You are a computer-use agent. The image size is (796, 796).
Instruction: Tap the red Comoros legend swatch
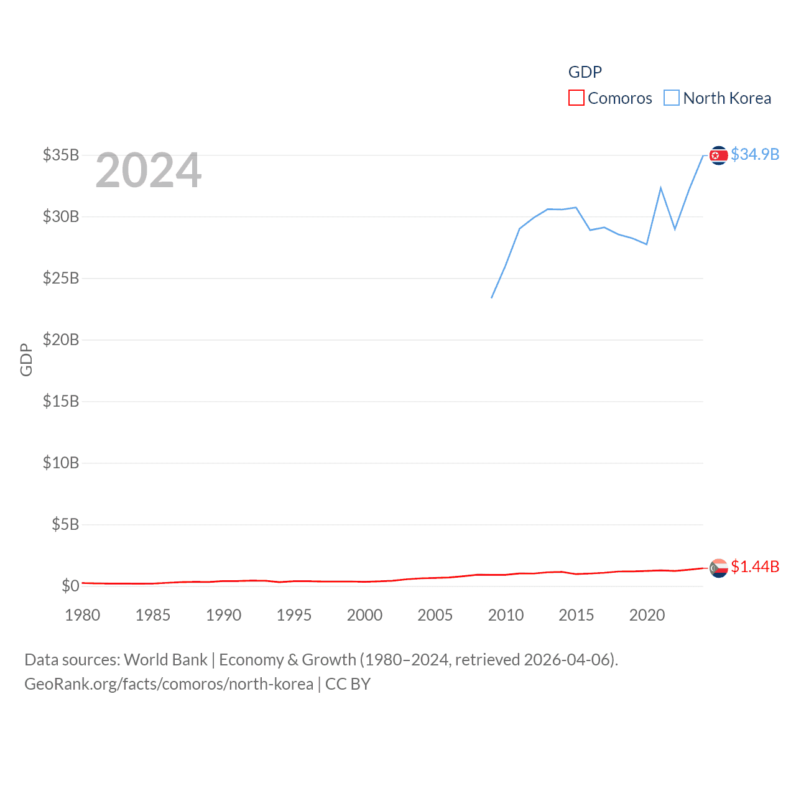576,98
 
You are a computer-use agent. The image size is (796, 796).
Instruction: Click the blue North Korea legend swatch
672,98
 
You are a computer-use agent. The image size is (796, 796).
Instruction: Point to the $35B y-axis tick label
61,155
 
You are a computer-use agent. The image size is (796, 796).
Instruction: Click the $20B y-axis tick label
61,340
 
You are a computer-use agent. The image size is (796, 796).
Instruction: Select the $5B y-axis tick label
65,524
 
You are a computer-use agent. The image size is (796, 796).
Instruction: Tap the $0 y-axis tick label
70,586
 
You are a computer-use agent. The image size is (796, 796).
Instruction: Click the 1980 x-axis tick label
83,615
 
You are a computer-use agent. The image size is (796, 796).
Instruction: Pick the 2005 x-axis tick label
435,615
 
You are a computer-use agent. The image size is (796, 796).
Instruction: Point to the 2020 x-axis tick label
647,615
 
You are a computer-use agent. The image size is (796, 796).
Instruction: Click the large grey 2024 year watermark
148,170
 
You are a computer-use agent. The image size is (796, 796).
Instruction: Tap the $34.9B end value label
755,154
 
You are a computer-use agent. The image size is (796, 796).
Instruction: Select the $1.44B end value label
755,567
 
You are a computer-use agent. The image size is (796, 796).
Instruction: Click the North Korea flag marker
718,155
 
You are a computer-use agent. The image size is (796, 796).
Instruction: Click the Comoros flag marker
718,568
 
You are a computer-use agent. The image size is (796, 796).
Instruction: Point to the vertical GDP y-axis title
26,359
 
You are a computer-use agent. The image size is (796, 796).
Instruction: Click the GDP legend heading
585,72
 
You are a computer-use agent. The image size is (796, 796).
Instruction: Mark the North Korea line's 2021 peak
660,188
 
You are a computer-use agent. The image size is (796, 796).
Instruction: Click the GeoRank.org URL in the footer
169,684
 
